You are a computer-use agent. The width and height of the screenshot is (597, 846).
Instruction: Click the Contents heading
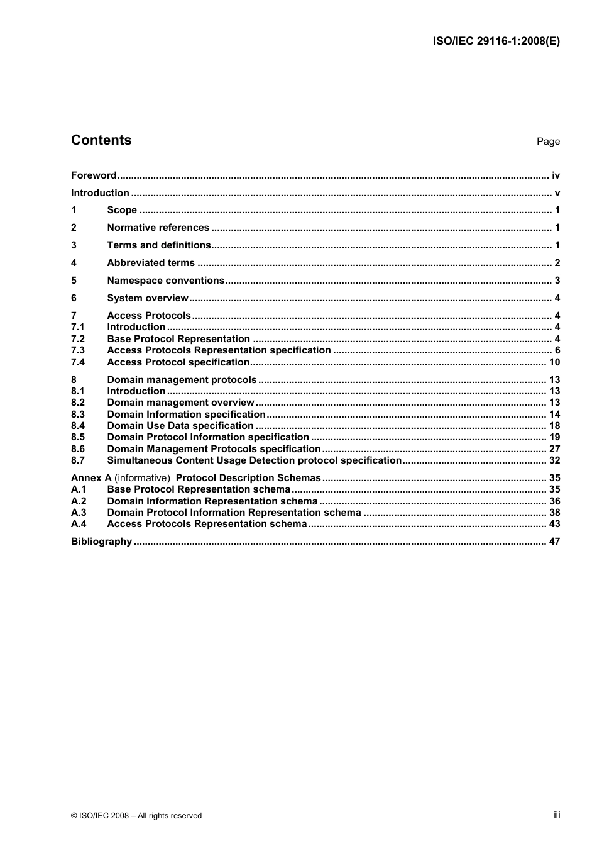(101, 140)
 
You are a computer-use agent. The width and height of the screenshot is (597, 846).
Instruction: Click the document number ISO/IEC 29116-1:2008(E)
(496, 42)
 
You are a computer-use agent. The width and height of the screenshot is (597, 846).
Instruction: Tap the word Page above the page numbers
(548, 142)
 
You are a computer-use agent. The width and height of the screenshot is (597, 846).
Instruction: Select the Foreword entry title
(94, 175)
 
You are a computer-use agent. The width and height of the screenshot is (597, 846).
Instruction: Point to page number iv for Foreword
(556, 175)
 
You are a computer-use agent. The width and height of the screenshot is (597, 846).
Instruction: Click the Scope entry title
(122, 210)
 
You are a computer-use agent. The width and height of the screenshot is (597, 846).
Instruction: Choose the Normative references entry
(158, 228)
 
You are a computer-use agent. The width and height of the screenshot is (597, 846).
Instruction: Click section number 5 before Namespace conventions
(74, 281)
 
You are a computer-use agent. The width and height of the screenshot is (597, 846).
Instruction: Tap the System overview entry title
(148, 298)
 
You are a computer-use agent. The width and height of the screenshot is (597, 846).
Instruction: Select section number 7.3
(78, 350)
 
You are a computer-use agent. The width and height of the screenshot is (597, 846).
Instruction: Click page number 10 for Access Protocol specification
(554, 362)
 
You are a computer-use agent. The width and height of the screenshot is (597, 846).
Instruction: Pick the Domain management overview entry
(180, 403)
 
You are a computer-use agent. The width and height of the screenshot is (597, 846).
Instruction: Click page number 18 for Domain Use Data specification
(554, 426)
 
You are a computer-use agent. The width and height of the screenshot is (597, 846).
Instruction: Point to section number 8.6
(78, 449)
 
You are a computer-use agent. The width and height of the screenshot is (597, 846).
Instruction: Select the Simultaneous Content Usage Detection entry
(254, 460)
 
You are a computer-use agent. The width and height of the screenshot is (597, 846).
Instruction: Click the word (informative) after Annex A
(143, 478)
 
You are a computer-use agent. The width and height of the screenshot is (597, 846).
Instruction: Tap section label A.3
(79, 513)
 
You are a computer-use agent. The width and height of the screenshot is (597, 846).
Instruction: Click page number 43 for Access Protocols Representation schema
(554, 524)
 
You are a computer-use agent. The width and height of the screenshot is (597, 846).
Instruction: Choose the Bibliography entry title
(101, 542)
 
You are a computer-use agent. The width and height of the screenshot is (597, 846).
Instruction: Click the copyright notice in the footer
(136, 816)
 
